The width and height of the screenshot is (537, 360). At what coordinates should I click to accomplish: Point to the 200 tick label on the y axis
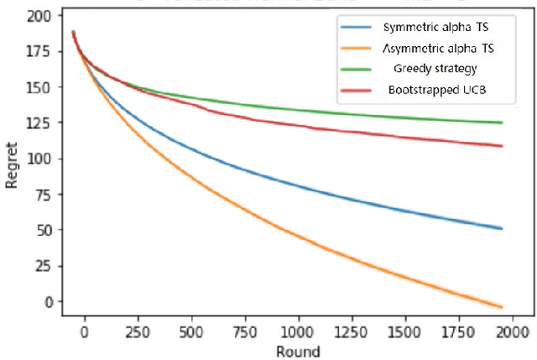[x=42, y=16]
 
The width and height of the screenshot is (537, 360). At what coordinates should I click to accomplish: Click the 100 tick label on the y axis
[x=42, y=159]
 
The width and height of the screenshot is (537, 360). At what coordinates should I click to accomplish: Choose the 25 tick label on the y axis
[x=45, y=266]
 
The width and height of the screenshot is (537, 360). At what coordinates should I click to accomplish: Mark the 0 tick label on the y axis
[x=49, y=302]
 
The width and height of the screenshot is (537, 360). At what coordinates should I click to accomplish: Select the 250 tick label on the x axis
[x=138, y=331]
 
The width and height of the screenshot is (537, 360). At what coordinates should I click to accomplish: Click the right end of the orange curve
[x=501, y=306]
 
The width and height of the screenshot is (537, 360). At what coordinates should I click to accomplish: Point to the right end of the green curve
[x=501, y=123]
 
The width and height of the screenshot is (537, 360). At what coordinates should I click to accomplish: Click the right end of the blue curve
[x=501, y=228]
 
